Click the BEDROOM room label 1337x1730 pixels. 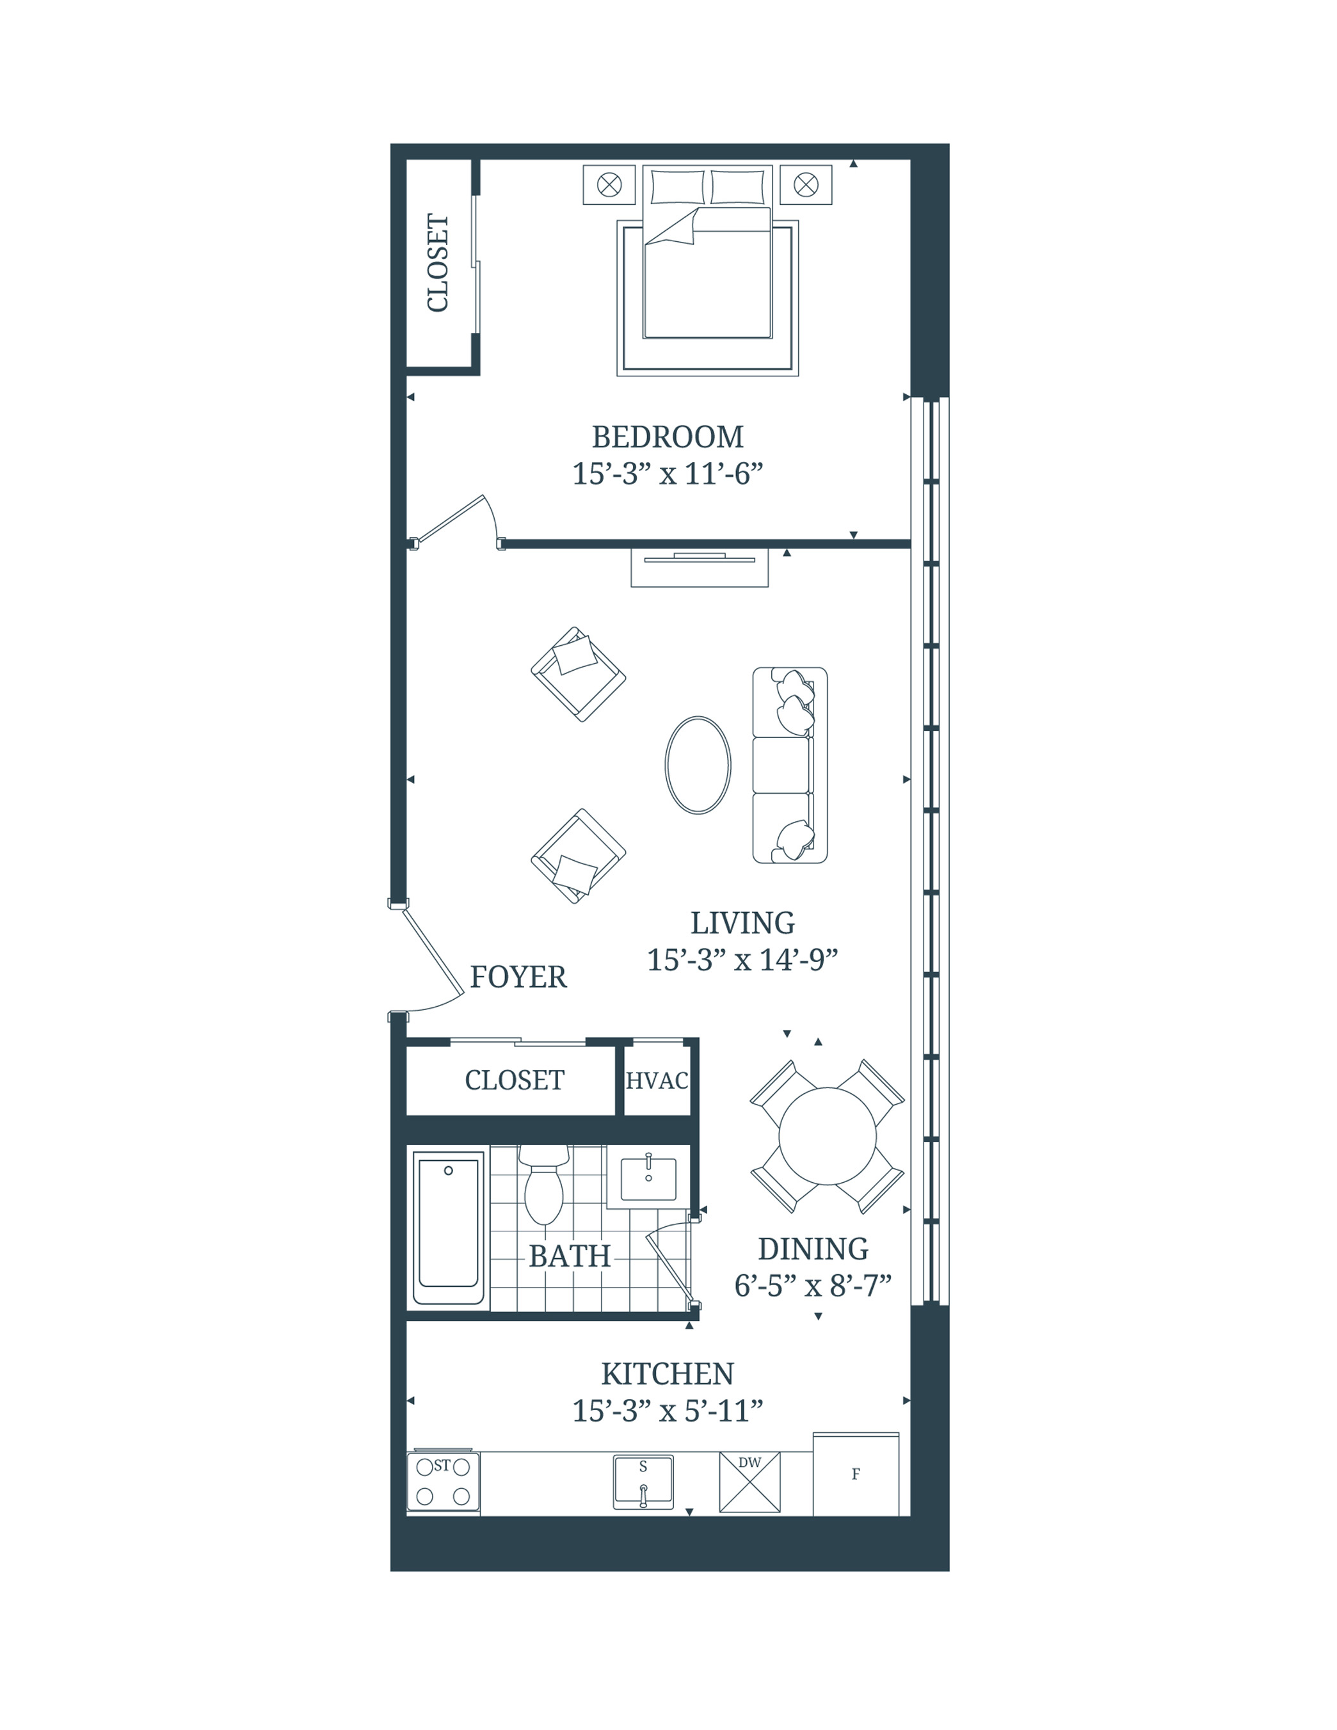point(667,437)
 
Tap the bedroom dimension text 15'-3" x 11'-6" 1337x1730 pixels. point(667,474)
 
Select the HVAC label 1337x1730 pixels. point(657,1080)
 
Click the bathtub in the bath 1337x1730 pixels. point(448,1227)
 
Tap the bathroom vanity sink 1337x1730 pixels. point(648,1180)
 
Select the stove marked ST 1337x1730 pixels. point(443,1481)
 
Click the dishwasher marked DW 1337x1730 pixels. point(749,1481)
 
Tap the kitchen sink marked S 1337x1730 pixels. point(643,1481)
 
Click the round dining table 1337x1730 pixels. point(827,1136)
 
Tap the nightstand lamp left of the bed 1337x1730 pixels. point(609,184)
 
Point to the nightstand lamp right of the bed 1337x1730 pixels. point(806,184)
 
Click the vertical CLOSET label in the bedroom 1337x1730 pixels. point(438,262)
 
